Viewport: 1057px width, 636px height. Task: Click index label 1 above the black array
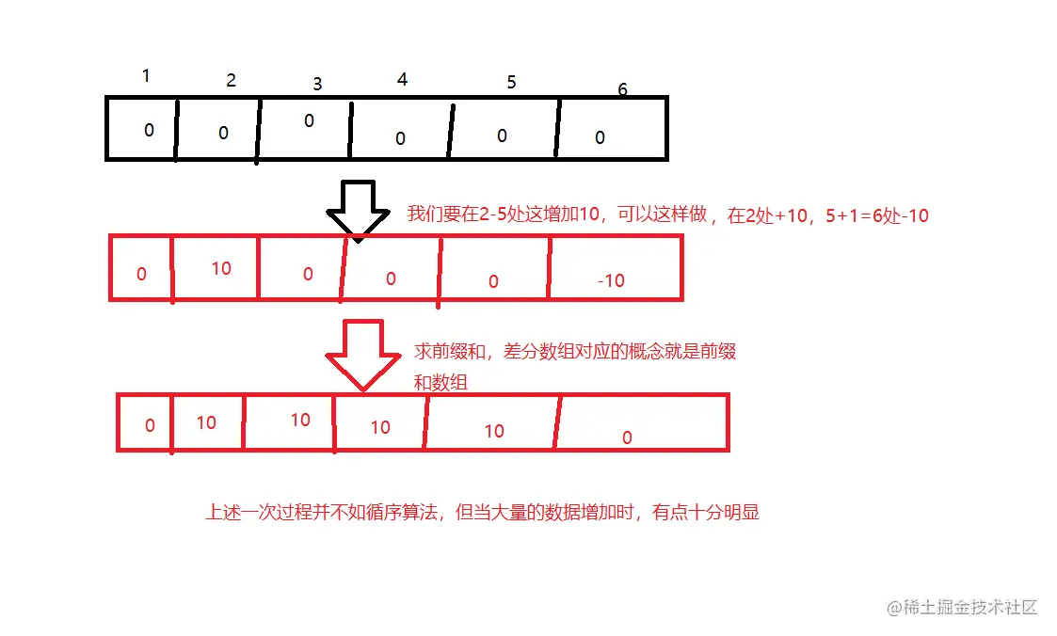pyautogui.click(x=146, y=76)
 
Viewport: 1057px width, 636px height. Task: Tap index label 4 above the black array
pyautogui.click(x=402, y=80)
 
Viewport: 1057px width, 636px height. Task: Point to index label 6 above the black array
pyautogui.click(x=622, y=90)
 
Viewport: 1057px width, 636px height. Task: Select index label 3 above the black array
pyautogui.click(x=317, y=84)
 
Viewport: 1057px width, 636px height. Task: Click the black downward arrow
pyautogui.click(x=358, y=208)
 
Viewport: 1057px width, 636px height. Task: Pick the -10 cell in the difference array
pyautogui.click(x=611, y=280)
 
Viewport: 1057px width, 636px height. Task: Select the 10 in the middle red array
pyautogui.click(x=221, y=268)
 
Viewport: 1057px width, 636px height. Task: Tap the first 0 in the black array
pyautogui.click(x=149, y=131)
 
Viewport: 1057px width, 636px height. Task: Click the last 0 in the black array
pyautogui.click(x=601, y=138)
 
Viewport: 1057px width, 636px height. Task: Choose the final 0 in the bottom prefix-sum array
pyautogui.click(x=627, y=437)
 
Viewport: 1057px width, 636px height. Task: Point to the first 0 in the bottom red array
pyautogui.click(x=150, y=425)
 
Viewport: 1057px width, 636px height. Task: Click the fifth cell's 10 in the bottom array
pyautogui.click(x=494, y=431)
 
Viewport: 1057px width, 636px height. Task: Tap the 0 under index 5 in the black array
pyautogui.click(x=502, y=135)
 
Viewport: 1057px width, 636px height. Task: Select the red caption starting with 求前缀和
pyautogui.click(x=575, y=366)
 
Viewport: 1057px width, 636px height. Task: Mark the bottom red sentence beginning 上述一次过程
pyautogui.click(x=482, y=514)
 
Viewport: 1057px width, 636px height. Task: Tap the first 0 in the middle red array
pyautogui.click(x=141, y=275)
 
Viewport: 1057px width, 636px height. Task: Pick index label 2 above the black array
pyautogui.click(x=231, y=81)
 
